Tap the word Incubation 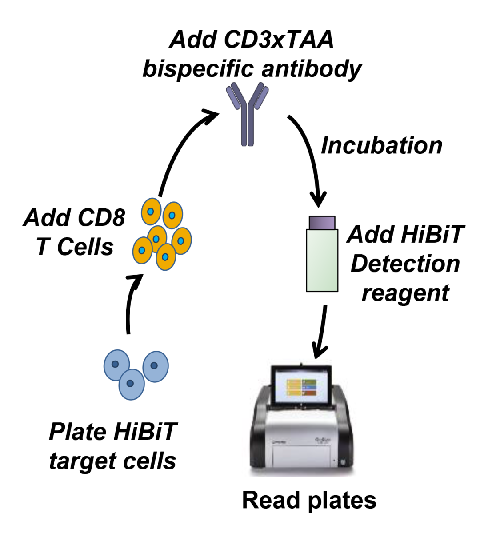pyautogui.click(x=381, y=145)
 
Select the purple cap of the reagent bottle pyautogui.click(x=322, y=222)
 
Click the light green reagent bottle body pyautogui.click(x=322, y=260)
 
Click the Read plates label pyautogui.click(x=309, y=500)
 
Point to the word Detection pyautogui.click(x=405, y=264)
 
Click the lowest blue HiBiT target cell pyautogui.click(x=131, y=384)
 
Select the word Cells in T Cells pyautogui.click(x=85, y=247)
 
